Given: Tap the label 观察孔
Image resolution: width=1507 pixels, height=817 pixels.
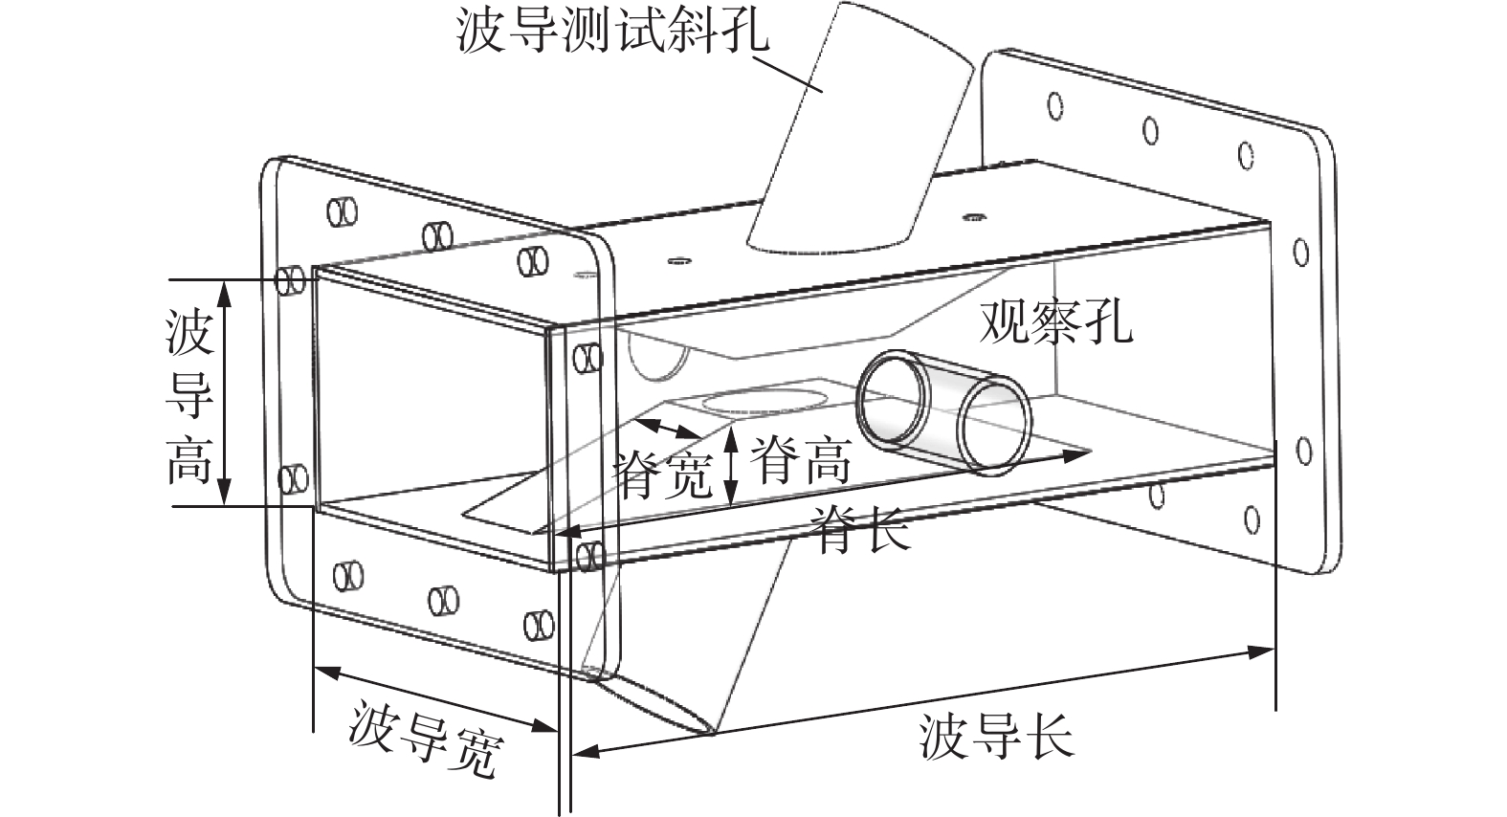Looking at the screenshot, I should pyautogui.click(x=1055, y=323).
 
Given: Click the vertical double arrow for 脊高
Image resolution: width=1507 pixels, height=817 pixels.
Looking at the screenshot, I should pyautogui.click(x=732, y=466).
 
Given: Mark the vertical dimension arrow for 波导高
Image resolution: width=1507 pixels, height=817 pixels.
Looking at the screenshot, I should pyautogui.click(x=226, y=392).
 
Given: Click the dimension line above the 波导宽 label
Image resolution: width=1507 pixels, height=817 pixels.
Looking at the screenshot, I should pyautogui.click(x=435, y=699).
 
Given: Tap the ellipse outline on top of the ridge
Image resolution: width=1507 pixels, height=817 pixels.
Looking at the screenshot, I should pyautogui.click(x=765, y=399).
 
